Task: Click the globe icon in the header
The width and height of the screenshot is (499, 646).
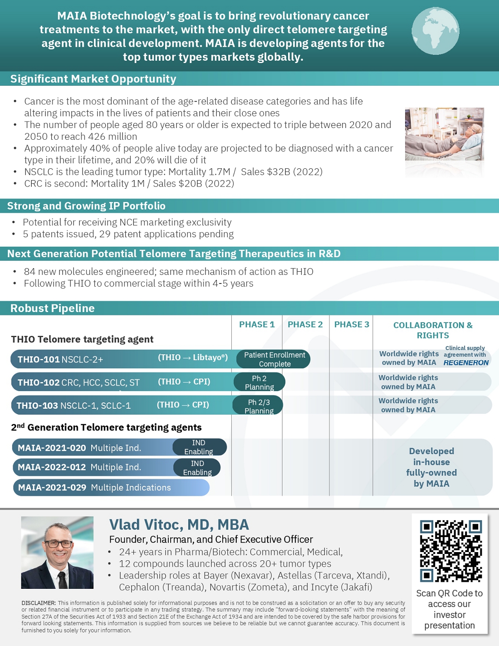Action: [x=435, y=31]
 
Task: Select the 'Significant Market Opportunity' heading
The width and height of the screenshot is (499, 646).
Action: [x=93, y=79]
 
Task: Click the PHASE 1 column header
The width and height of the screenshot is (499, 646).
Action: [x=257, y=324]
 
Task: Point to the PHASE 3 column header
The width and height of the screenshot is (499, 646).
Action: [x=352, y=324]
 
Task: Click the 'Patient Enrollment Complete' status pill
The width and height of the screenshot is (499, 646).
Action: [x=274, y=359]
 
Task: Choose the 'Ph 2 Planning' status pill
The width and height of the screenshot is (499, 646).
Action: [x=259, y=382]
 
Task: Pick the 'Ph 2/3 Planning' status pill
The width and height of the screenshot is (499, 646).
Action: [x=258, y=406]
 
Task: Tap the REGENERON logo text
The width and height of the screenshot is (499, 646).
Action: [x=466, y=363]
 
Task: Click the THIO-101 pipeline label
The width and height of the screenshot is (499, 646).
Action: [x=39, y=359]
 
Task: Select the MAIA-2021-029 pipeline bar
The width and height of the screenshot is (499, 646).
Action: [x=111, y=488]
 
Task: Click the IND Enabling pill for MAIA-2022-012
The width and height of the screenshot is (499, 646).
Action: [x=197, y=468]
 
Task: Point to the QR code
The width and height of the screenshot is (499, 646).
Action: [x=450, y=551]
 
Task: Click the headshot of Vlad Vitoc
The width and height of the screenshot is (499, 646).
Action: [x=57, y=552]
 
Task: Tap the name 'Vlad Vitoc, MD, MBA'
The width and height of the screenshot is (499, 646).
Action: [x=179, y=525]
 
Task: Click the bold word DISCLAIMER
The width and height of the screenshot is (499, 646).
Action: [x=39, y=603]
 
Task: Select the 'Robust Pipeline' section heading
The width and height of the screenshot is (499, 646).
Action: [x=53, y=308]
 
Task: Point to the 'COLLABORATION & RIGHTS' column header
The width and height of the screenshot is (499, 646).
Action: [x=433, y=330]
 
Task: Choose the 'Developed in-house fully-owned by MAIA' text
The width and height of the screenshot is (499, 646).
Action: [x=431, y=467]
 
